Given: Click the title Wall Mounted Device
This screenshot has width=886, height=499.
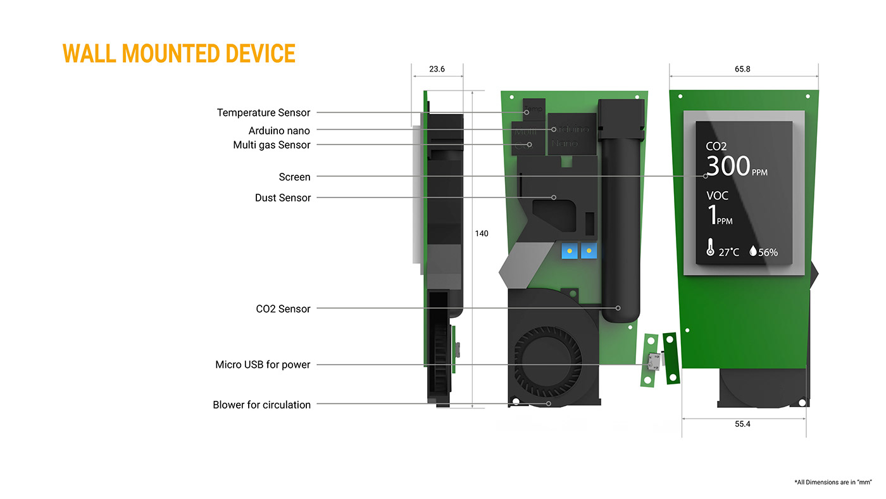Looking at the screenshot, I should click(179, 54).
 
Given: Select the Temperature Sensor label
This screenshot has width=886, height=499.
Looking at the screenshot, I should click(263, 113).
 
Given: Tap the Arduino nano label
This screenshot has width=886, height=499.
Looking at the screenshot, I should click(279, 130).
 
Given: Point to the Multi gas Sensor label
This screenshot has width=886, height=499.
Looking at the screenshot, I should click(271, 145).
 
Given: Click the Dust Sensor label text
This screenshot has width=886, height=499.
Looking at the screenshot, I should click(283, 198).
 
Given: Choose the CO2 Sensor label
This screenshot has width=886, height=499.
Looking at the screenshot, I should click(283, 309).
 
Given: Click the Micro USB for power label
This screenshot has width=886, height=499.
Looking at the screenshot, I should click(263, 365).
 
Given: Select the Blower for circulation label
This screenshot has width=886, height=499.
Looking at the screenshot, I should click(261, 405).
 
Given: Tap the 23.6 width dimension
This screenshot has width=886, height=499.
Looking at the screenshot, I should click(437, 69).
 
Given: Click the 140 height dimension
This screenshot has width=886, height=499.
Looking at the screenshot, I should click(482, 234).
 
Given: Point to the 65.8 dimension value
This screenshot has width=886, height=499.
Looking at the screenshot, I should click(742, 69).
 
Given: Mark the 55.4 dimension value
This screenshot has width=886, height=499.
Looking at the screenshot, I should click(742, 424).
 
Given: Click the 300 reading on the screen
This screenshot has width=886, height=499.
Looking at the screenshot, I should click(728, 167).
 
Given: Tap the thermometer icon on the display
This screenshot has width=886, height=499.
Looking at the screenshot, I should click(711, 248).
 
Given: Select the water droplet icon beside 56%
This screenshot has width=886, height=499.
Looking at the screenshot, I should click(752, 251).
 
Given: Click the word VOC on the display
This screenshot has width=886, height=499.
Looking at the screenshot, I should click(717, 196).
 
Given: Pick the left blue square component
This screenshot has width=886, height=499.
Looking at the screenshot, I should click(570, 251).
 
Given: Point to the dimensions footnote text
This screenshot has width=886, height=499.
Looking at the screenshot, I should click(833, 483).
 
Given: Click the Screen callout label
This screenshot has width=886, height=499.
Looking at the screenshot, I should click(294, 177).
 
